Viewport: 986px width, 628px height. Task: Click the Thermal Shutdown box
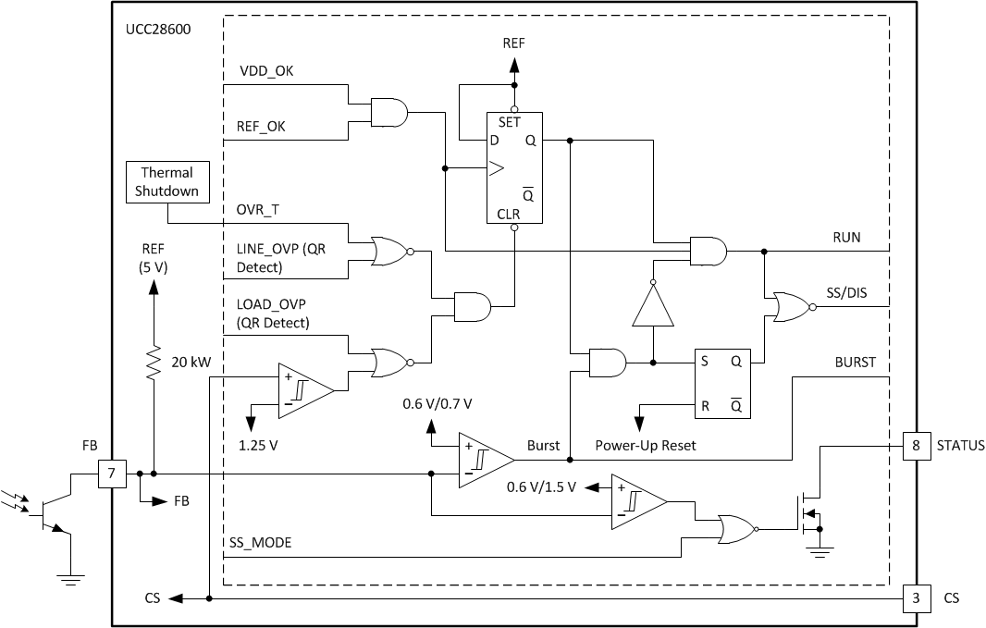pyautogui.click(x=166, y=181)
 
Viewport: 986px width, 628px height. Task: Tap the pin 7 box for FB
pyautogui.click(x=113, y=474)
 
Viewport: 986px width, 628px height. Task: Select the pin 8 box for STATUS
pyautogui.click(x=916, y=446)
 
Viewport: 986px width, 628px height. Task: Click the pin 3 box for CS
pyautogui.click(x=916, y=598)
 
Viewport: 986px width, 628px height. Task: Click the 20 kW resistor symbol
pyautogui.click(x=154, y=363)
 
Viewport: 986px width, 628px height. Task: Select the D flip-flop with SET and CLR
pyautogui.click(x=514, y=167)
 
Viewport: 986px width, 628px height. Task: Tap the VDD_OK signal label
pyautogui.click(x=267, y=71)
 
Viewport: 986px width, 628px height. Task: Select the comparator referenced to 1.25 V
pyautogui.click(x=305, y=390)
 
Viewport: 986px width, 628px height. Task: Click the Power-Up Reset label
pyautogui.click(x=645, y=445)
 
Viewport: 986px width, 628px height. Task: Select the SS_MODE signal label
pyautogui.click(x=260, y=543)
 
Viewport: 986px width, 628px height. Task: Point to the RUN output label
pyautogui.click(x=846, y=237)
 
